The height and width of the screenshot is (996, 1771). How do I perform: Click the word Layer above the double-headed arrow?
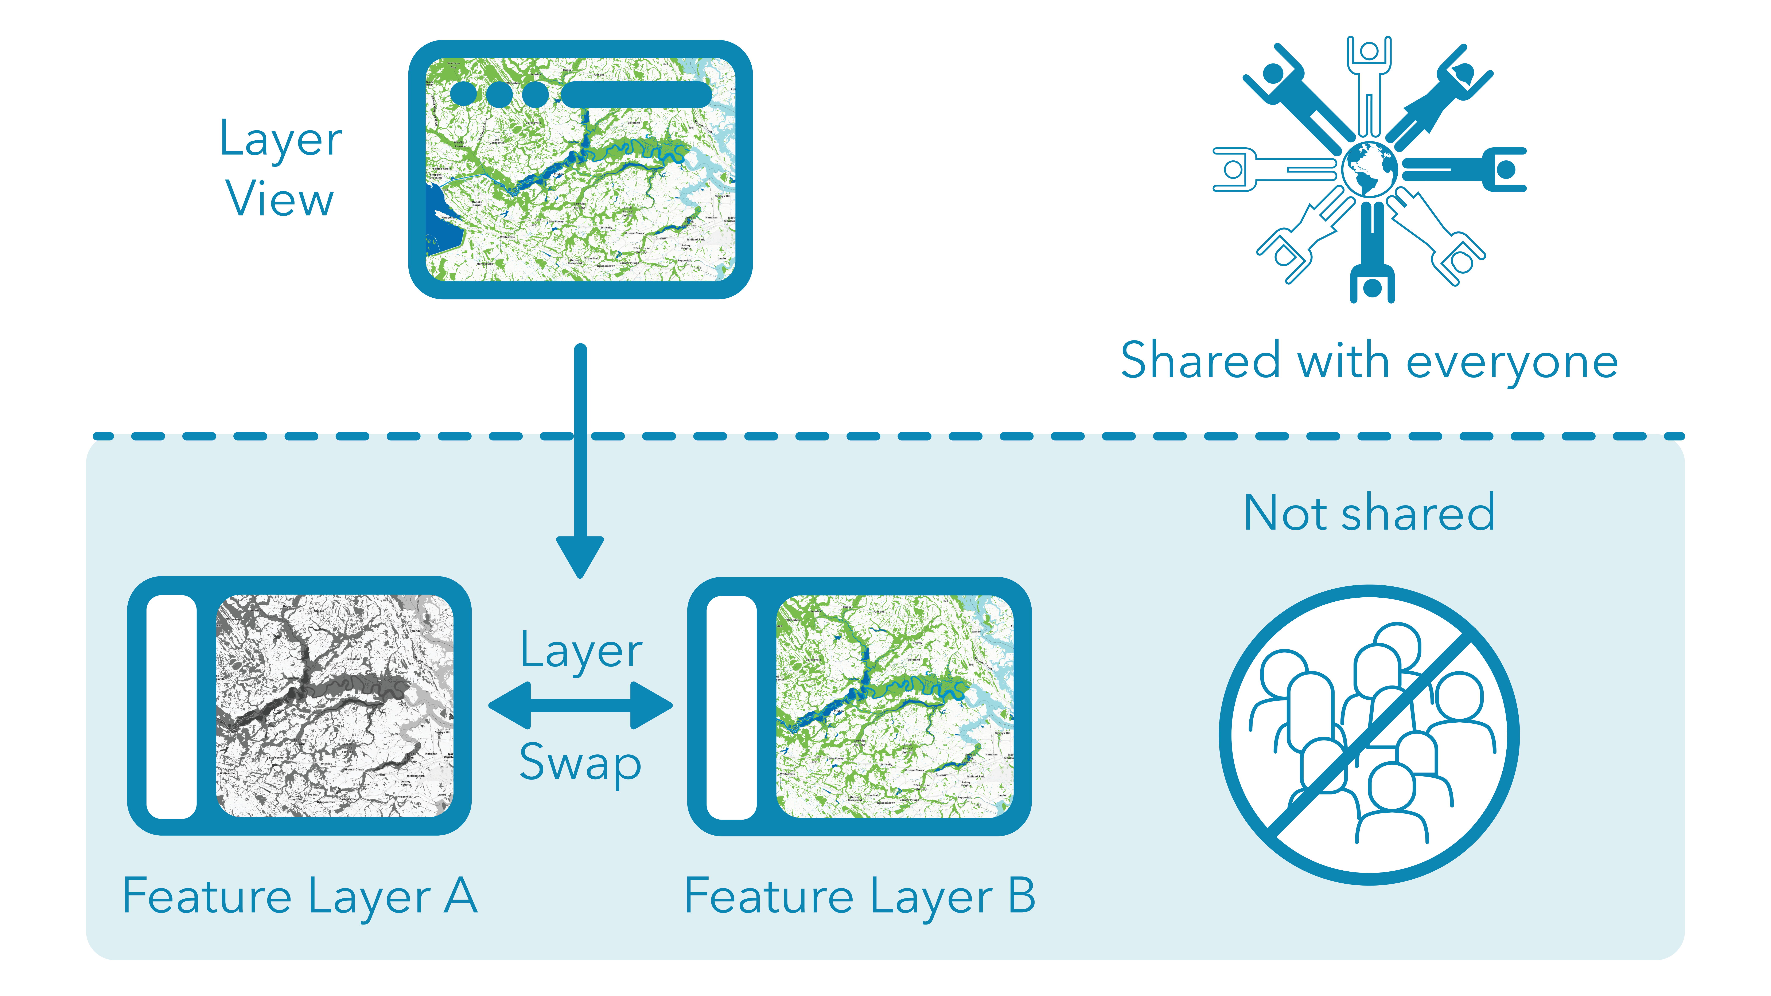pos(581,651)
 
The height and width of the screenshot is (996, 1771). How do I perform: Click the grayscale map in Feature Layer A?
pos(335,706)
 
